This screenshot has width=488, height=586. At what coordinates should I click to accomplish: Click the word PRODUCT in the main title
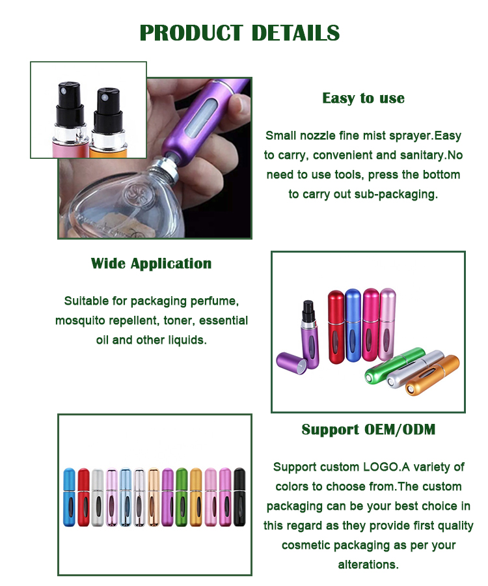[x=191, y=33]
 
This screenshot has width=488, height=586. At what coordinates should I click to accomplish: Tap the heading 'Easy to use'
[x=363, y=98]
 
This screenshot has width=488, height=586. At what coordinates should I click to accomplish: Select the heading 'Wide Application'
[x=151, y=264]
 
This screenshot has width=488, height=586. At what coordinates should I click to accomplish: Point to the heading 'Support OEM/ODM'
[x=368, y=430]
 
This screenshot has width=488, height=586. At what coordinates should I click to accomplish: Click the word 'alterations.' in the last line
[x=368, y=565]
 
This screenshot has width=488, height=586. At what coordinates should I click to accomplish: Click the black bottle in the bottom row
[x=239, y=497]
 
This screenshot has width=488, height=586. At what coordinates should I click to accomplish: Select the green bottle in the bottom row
[x=182, y=497]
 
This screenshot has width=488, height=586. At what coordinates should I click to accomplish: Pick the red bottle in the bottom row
[x=84, y=497]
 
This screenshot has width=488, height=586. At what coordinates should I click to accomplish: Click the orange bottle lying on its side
[x=432, y=375]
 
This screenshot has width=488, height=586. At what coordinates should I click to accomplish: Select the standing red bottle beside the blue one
[x=336, y=327]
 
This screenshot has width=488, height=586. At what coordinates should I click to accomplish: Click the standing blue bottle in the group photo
[x=353, y=326]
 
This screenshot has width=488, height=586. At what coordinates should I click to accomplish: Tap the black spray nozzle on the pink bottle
[x=70, y=104]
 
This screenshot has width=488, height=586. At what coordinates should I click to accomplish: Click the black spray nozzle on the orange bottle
[x=108, y=110]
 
